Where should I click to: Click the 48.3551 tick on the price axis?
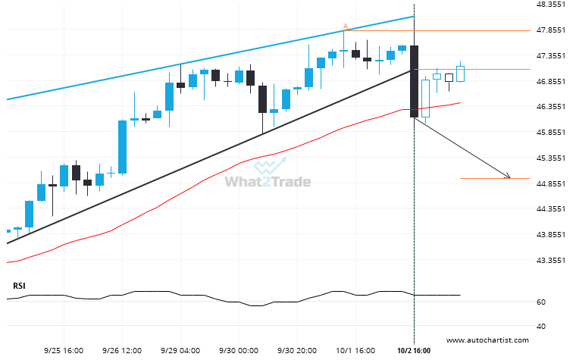548,5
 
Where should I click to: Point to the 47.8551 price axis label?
548,30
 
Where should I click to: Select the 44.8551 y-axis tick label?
548,183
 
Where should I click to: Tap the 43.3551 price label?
548,260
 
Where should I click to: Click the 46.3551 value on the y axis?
548,107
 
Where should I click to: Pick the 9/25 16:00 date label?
64,351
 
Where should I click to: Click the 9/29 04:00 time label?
180,351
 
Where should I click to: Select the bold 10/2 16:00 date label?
414,351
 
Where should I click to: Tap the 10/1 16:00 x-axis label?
355,351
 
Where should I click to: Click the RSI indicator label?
18,286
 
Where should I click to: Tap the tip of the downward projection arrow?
509,178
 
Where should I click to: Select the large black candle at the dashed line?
414,81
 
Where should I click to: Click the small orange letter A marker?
346,27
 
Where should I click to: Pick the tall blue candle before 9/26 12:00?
122,146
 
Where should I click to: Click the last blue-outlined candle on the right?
460,74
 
